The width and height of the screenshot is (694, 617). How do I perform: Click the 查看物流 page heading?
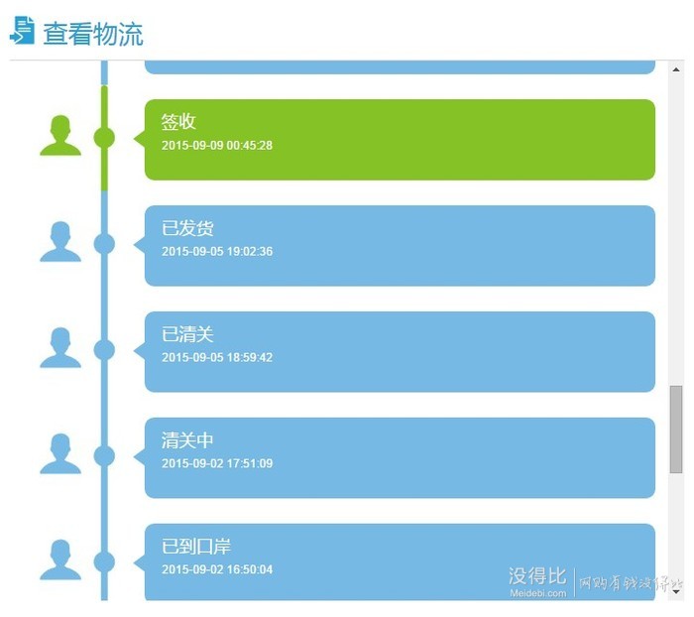(x=93, y=34)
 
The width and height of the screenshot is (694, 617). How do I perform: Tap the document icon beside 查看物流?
(x=22, y=30)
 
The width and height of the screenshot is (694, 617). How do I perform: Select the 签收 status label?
(x=178, y=121)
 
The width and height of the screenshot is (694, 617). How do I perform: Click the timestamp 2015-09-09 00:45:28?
(x=217, y=145)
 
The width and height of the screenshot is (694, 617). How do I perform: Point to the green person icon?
(x=60, y=135)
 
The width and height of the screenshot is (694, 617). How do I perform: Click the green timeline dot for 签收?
(x=104, y=138)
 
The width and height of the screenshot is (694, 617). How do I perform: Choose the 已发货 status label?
(x=187, y=228)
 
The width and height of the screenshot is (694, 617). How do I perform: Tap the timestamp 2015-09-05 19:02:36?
(x=217, y=252)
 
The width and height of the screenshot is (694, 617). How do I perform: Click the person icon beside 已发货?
(x=60, y=241)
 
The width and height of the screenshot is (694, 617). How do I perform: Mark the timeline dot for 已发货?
(x=104, y=244)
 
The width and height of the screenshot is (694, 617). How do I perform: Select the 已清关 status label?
(x=187, y=334)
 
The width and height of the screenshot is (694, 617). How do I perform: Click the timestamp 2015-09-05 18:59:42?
(x=217, y=357)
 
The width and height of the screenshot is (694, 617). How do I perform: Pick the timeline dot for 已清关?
(x=104, y=350)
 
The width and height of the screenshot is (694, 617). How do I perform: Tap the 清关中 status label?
(x=187, y=439)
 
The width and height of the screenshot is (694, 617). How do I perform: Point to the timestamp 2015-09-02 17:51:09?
(x=217, y=463)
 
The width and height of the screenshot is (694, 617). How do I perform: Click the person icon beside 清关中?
(x=60, y=453)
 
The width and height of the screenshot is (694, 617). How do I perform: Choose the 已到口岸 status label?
(x=196, y=547)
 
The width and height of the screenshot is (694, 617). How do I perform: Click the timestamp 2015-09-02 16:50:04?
(x=217, y=569)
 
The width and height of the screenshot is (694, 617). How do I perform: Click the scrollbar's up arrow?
(x=676, y=69)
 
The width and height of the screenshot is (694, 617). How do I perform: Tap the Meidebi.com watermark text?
(x=537, y=593)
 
